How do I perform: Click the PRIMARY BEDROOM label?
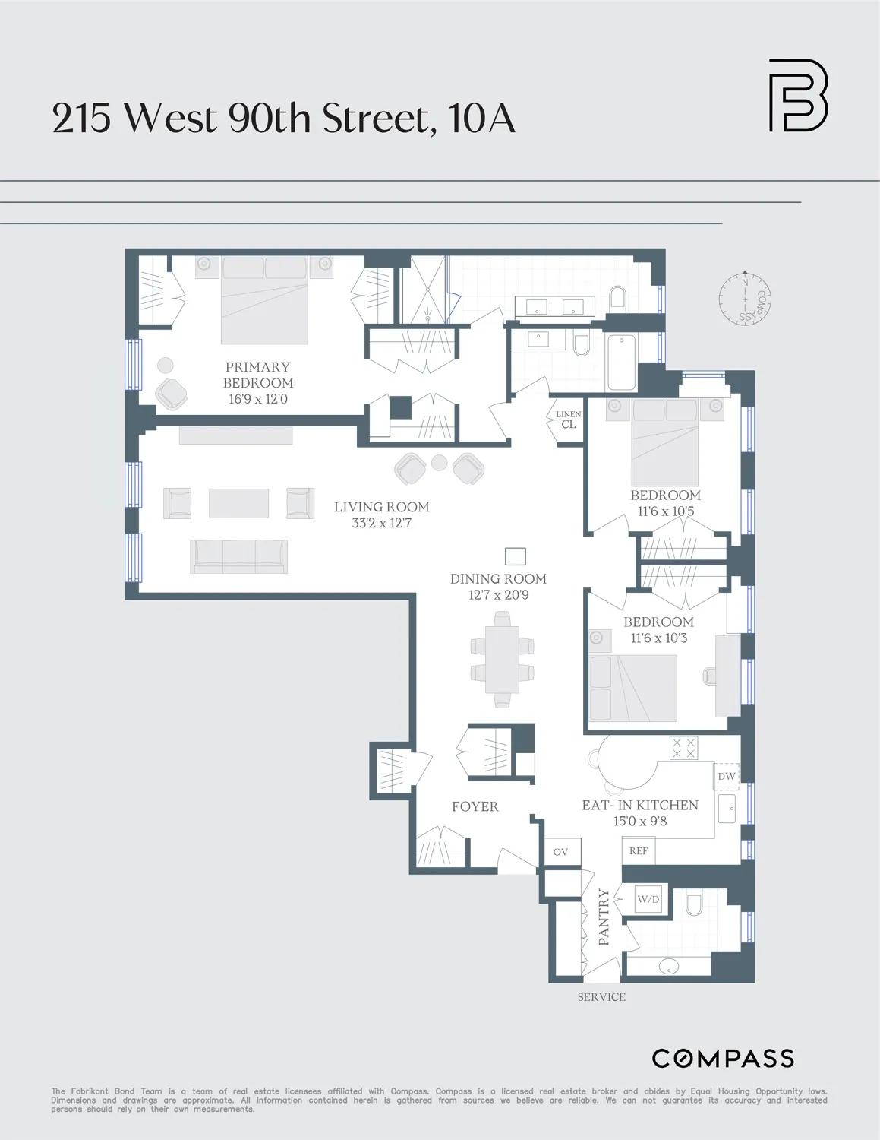click(x=258, y=375)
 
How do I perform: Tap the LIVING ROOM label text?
click(x=381, y=507)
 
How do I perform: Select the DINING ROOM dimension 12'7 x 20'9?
click(x=498, y=595)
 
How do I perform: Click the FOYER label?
click(x=475, y=806)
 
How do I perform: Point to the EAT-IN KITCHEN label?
click(x=639, y=805)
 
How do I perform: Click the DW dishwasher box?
click(x=727, y=776)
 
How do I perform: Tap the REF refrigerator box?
click(x=639, y=851)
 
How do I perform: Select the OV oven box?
click(x=560, y=852)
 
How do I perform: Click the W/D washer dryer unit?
click(x=648, y=899)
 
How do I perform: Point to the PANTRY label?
click(x=604, y=917)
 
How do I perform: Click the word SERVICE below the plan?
click(x=601, y=997)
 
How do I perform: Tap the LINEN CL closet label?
click(x=569, y=420)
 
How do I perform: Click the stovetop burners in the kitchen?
click(x=683, y=748)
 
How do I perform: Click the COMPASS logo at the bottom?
click(x=723, y=1058)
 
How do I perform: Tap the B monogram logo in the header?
click(x=797, y=96)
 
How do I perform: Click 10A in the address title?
click(x=481, y=119)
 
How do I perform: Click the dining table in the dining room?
click(x=502, y=660)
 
